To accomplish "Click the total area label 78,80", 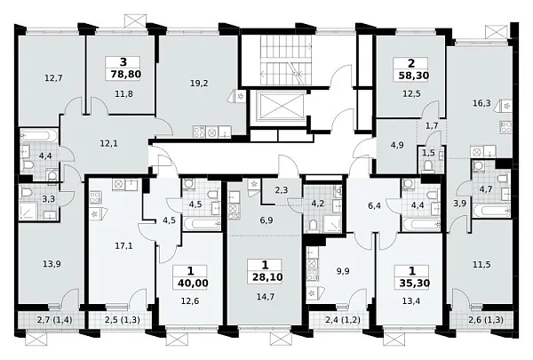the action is coord(126,74).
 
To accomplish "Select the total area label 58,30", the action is coord(414,76).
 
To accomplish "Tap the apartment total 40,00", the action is coord(193,283).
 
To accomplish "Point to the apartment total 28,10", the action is coord(267,277).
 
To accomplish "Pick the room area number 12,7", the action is coord(53,78).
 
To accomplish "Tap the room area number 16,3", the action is coord(481,103).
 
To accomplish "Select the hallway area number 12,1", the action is coord(108,144).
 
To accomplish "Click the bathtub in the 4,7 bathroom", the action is coord(491,211).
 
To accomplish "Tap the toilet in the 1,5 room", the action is coord(428,166).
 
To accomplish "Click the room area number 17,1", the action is coord(123,245).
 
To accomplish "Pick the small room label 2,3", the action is coord(281,190).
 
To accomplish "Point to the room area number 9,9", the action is coord(343,271).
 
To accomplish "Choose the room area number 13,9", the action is coord(52,263).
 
